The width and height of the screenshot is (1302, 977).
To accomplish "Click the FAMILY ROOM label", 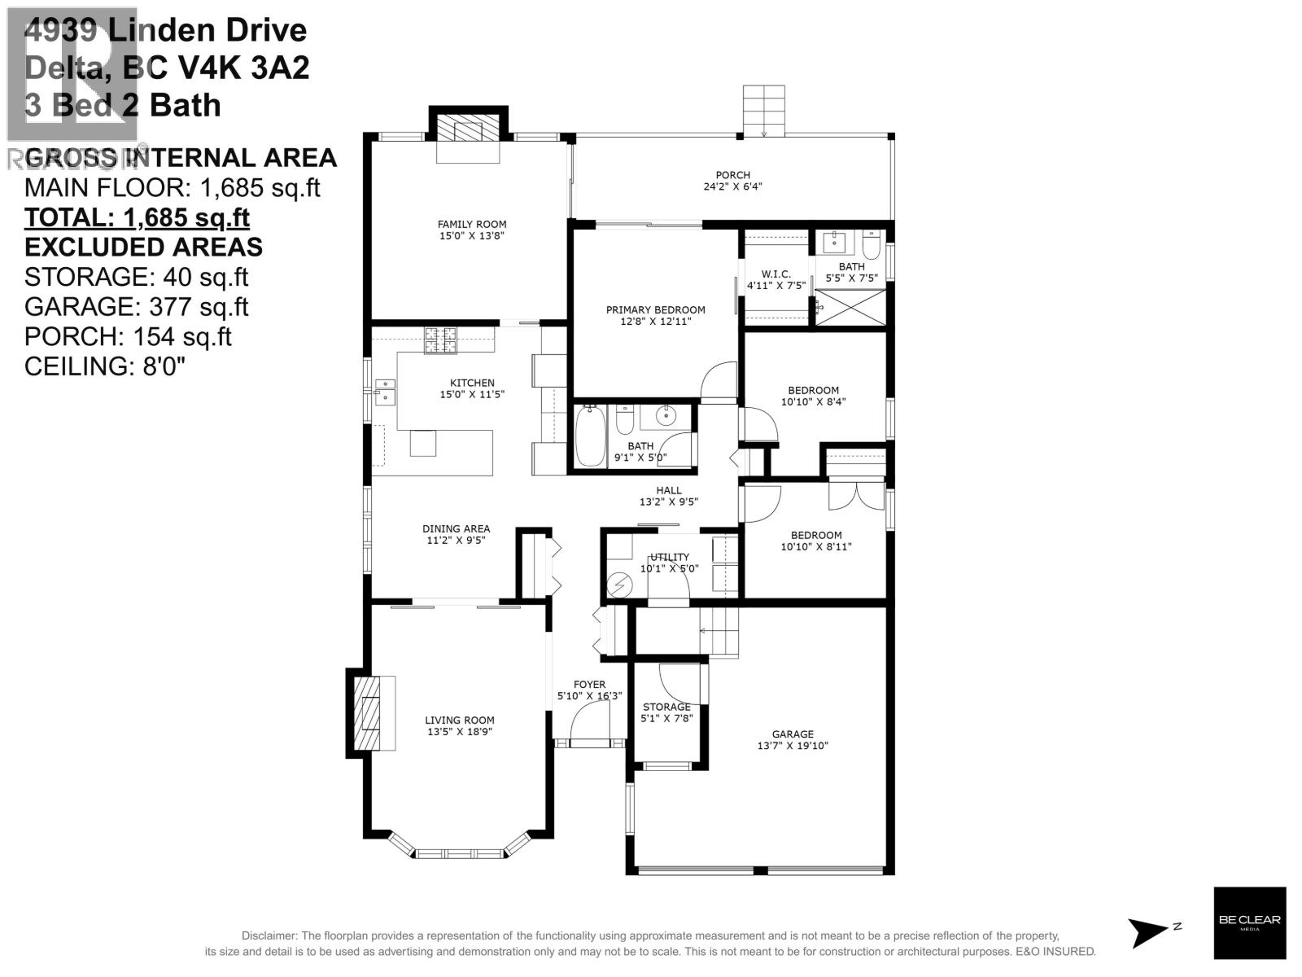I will click(472, 225).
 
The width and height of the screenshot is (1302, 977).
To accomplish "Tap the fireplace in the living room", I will click(371, 713).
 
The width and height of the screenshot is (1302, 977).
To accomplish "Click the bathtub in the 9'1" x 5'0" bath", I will click(590, 437).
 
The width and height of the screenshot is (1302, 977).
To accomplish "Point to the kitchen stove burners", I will click(440, 340).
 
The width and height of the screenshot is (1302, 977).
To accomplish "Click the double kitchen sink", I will click(384, 392).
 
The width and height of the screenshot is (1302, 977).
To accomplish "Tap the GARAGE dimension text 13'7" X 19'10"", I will click(793, 746).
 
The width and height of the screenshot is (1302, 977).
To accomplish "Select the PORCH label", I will click(732, 175).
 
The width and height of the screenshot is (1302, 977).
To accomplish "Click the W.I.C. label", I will click(776, 274).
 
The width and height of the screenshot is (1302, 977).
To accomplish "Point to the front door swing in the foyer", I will click(589, 723).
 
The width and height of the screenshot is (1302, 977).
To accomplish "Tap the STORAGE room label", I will click(666, 707).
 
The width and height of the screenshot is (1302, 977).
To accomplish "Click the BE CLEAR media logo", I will click(1250, 922).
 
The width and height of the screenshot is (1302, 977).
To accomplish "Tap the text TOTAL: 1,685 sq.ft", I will click(137, 217).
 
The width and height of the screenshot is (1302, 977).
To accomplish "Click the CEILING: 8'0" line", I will click(105, 366).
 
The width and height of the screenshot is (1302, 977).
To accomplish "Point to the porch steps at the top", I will click(764, 112).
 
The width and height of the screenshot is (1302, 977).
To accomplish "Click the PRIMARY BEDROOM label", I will click(655, 309).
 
